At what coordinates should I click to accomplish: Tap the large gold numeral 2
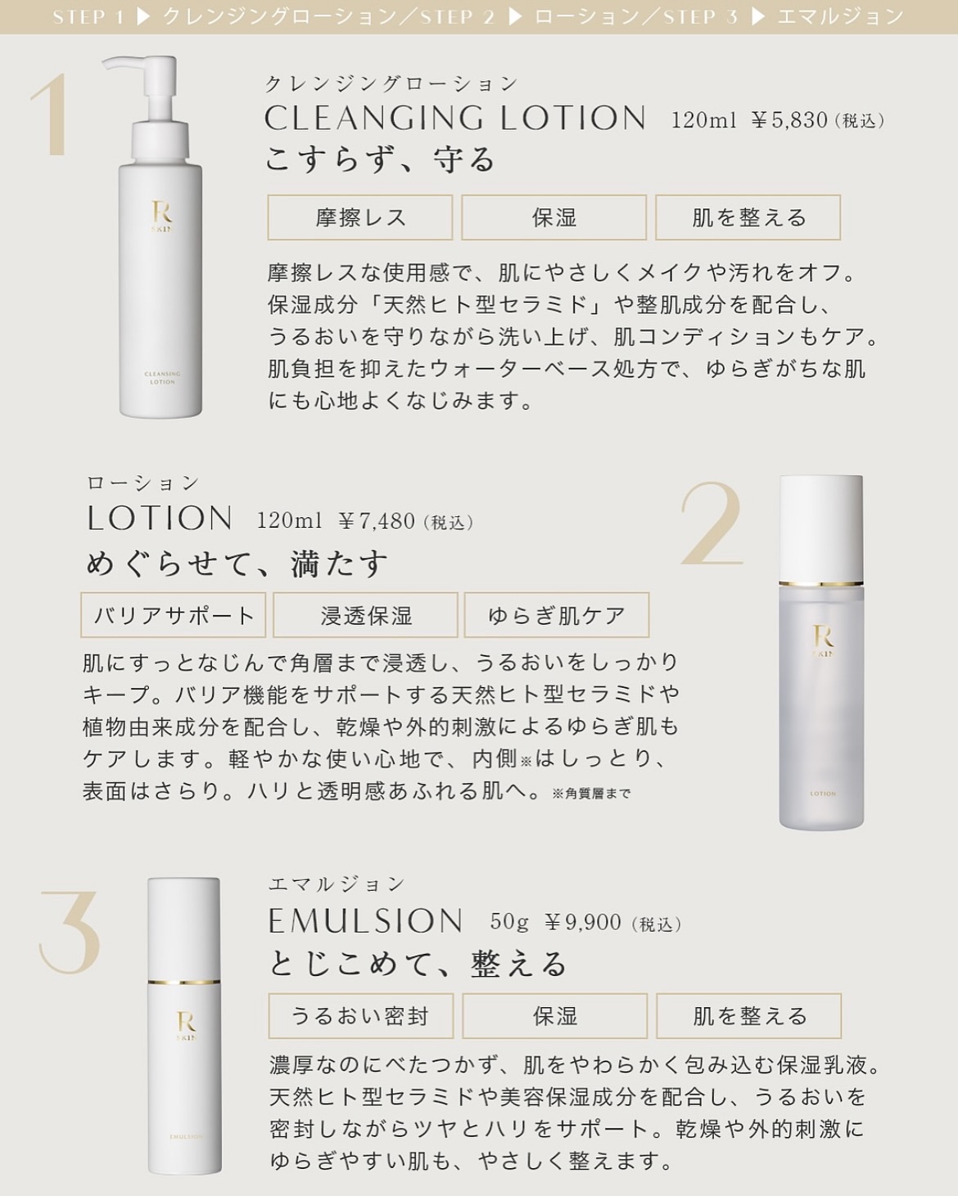712,523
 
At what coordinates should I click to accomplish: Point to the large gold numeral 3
70,932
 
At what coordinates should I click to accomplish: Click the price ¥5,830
789,120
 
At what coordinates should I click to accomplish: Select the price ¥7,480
377,521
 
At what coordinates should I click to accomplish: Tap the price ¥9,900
582,923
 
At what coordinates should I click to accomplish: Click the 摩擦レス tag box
360,218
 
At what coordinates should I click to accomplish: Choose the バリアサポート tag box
173,614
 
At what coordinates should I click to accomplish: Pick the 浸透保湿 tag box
365,614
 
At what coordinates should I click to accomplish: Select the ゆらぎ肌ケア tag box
557,614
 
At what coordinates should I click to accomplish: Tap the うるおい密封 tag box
361,1016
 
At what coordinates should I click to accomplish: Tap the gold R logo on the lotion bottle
823,636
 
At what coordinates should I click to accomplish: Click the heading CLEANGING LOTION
455,118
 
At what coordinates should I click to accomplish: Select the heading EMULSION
365,921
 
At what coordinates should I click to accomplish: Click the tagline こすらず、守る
380,159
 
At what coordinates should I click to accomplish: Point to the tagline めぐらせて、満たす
236,563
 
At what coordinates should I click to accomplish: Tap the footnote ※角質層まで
591,794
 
